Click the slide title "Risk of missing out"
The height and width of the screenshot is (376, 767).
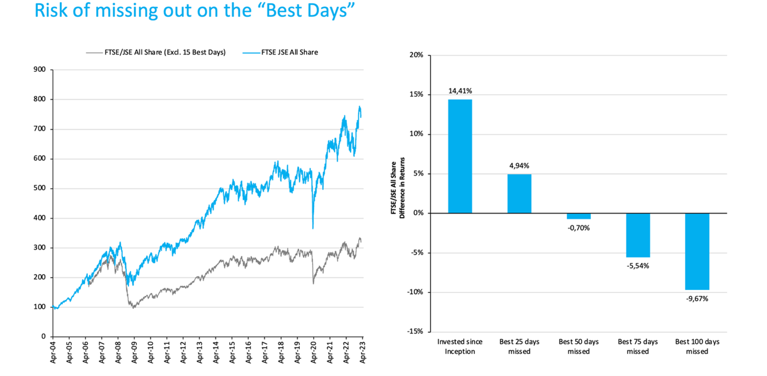point(195,11)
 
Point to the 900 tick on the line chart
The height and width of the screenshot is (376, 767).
point(39,70)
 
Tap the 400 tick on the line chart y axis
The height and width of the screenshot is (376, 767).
point(39,218)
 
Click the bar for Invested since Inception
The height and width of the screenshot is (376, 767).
point(460,156)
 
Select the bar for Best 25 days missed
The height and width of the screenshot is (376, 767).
point(519,194)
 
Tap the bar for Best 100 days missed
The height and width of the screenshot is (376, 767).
point(697,251)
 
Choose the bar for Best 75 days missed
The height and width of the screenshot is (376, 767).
point(638,235)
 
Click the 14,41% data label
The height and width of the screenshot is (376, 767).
point(460,91)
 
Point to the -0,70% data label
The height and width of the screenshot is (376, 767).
point(578,227)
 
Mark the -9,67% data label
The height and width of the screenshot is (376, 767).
point(697,298)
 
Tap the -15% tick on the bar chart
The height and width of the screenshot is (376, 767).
point(415,332)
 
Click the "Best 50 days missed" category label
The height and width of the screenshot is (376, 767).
point(578,346)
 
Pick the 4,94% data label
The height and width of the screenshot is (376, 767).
point(519,165)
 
